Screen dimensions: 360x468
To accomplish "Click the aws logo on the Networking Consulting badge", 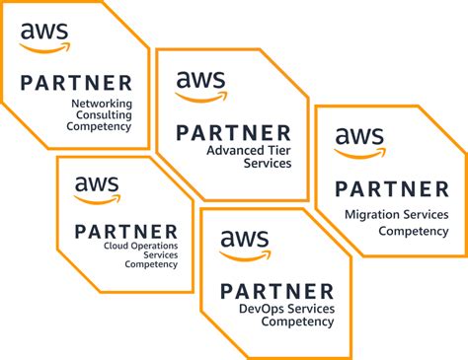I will point(44,36).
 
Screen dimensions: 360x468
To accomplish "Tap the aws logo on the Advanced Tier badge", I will point(200,86).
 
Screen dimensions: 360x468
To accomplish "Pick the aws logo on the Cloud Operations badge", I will point(97,188).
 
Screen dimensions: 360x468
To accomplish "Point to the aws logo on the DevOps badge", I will point(244,244).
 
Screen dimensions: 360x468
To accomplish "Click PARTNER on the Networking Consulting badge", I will point(76,84).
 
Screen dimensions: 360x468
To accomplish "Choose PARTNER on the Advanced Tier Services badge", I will point(233,133).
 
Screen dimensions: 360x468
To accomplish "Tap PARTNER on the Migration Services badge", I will point(391,188).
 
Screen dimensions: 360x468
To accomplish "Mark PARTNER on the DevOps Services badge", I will point(277,291).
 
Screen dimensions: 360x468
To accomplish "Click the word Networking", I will point(103,102).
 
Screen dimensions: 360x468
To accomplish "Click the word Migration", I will point(368,214).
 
